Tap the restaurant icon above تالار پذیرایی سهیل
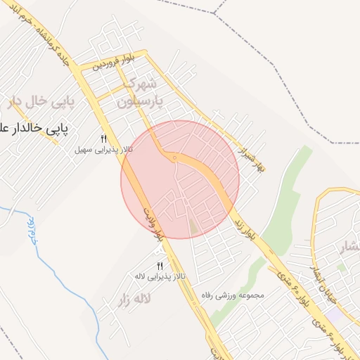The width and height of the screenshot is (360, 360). pyautogui.click(x=104, y=139)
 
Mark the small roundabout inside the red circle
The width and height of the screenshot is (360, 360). pyautogui.click(x=174, y=158)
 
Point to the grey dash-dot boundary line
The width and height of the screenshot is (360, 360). pyautogui.click(x=281, y=70)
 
